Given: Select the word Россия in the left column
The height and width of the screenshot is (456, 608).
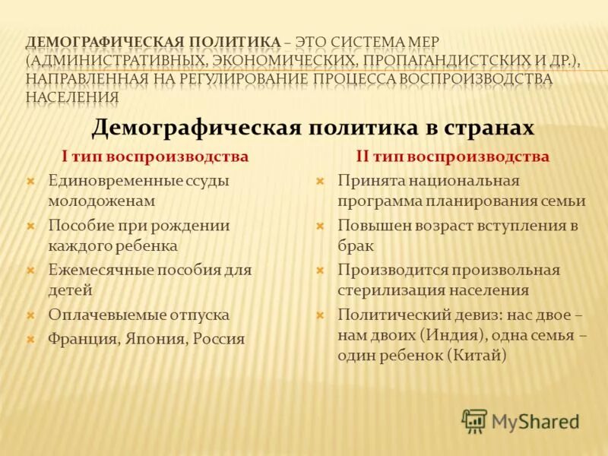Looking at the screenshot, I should point(219,339).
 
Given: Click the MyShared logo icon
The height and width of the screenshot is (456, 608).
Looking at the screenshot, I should point(474,420).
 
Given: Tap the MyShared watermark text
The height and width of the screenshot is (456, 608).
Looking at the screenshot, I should point(535,421).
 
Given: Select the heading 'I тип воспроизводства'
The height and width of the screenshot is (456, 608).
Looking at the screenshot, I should point(155,157).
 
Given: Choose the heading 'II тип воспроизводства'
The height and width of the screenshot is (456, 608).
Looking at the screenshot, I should point(453,157).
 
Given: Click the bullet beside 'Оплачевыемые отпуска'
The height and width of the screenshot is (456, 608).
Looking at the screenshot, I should point(30,314).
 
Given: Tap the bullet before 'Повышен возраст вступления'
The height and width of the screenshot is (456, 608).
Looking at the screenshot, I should point(320,226).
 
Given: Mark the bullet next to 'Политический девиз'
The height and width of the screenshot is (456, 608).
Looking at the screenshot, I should point(320,314).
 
